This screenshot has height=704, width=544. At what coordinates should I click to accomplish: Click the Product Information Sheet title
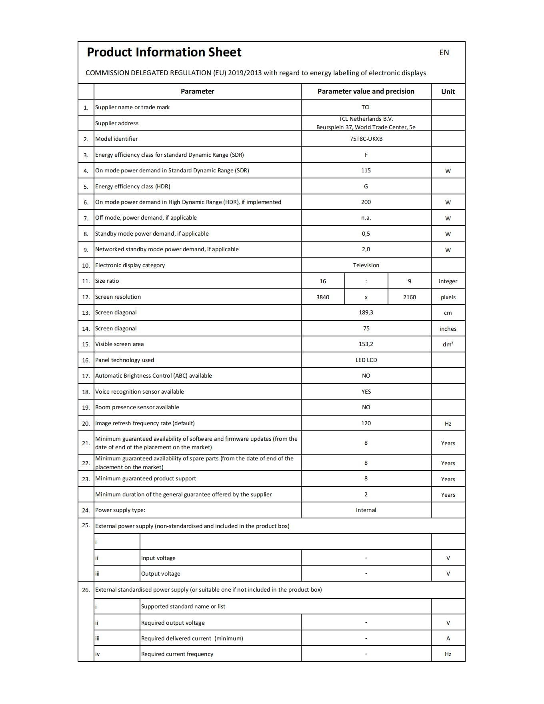164,52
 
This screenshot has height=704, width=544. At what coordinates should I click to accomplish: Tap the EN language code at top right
444,52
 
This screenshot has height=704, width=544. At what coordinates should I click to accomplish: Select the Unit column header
448,92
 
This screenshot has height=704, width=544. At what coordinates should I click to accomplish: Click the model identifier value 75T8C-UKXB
366,139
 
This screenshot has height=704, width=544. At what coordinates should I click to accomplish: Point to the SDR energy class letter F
366,155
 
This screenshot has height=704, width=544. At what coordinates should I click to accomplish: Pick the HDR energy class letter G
366,186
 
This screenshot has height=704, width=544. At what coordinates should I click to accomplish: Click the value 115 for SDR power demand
366,170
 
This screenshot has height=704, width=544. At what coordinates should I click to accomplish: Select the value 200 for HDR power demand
366,202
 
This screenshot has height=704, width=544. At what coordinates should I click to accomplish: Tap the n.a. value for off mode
366,218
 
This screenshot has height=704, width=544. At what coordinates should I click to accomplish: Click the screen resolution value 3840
323,297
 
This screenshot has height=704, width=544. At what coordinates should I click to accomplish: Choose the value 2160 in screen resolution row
409,297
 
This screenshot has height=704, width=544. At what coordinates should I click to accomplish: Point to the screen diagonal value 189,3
366,312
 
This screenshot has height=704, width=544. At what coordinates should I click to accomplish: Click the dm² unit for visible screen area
448,344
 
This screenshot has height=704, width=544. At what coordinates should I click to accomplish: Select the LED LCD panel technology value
366,360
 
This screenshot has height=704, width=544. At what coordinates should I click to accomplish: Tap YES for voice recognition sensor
366,392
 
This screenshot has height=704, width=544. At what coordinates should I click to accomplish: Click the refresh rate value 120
366,423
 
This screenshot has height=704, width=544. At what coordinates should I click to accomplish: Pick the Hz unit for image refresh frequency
448,424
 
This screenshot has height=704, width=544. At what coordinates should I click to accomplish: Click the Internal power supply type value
366,510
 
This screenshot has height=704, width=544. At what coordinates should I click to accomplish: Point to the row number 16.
86,360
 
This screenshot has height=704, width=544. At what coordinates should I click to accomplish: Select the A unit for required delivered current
448,638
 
